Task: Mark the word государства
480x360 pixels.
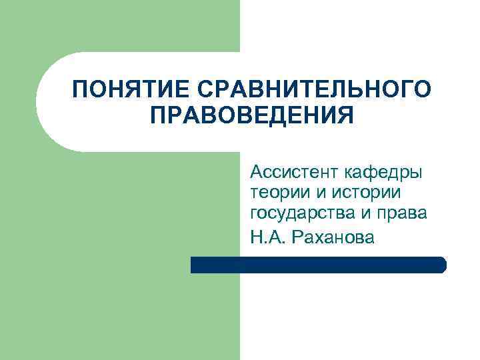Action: pos(295,213)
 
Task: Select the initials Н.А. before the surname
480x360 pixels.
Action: pos(267,236)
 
